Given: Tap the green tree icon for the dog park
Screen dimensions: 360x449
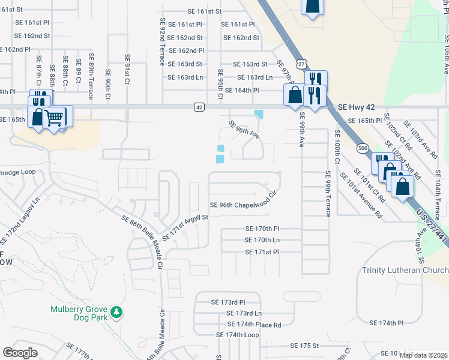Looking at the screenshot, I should [x=118, y=312].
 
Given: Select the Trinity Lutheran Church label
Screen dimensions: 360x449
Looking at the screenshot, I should [x=405, y=270].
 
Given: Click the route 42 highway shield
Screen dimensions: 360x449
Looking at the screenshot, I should [x=199, y=107].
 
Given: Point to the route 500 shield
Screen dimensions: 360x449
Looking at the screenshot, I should [x=361, y=148].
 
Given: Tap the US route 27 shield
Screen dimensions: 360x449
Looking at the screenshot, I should [x=301, y=63].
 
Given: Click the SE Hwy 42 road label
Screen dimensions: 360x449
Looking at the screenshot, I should [x=356, y=107].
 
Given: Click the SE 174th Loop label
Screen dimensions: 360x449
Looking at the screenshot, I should [x=237, y=335].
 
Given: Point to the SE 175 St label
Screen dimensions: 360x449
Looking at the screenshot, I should [x=304, y=346].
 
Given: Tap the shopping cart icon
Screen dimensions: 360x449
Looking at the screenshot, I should [x=55, y=117].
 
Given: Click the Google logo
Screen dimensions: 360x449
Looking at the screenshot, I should [x=20, y=352].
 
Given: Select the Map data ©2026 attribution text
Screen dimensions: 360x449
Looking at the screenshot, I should [x=423, y=355].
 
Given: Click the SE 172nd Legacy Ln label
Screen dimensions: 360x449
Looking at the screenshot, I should [x=20, y=220].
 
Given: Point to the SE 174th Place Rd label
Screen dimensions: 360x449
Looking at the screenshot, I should [x=254, y=325].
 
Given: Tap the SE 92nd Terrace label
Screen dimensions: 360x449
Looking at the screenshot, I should [x=162, y=41].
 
